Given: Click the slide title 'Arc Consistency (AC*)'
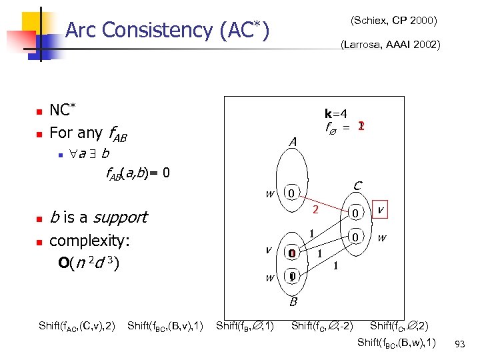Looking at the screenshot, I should coord(168,30).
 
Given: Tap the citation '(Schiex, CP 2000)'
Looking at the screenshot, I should coord(393,21).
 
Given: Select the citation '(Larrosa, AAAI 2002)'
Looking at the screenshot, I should coord(389,45).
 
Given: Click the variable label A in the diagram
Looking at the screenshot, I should coord(292,142).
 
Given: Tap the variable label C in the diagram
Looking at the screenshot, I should coord(357,185).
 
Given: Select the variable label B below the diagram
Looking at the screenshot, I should coord(292,302).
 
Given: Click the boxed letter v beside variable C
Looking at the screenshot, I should coord(380,209).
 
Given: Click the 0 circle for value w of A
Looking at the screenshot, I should coord(290,194).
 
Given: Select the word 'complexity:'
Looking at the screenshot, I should coord(90,240).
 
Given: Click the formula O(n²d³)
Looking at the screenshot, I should coord(89,263).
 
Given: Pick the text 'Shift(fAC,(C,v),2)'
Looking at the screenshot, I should coord(77,326).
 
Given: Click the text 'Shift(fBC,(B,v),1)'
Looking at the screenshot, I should coord(165,326).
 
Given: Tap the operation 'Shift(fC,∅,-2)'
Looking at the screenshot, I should coord(322,326).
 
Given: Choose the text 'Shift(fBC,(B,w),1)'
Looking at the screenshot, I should coord(397,343).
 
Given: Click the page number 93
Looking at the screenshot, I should coord(459,343).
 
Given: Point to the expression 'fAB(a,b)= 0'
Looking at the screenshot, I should coord(139,174).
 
